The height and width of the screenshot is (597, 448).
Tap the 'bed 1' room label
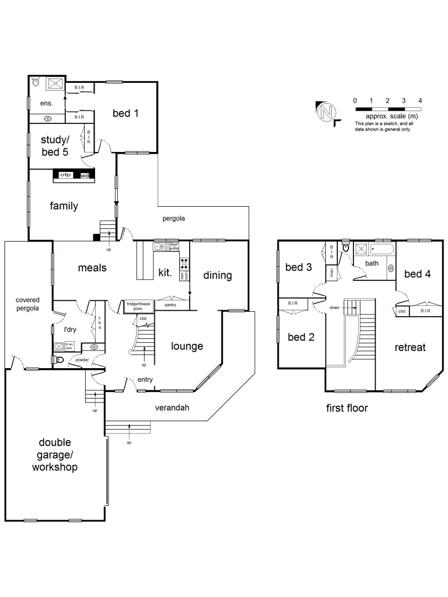126,113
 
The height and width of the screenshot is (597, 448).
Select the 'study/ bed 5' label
55,146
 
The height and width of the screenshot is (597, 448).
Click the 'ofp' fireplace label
66,176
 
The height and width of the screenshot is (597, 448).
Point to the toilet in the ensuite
36,82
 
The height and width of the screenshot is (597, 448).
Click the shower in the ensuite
55,83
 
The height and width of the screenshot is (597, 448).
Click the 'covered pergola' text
27,304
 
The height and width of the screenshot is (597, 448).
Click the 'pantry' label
170,305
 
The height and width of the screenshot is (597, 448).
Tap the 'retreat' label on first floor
410,347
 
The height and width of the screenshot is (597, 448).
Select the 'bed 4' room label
417,274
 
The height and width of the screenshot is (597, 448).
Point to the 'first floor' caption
347,409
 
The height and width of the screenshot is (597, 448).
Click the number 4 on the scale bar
420,101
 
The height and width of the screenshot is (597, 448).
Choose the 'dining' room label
217,275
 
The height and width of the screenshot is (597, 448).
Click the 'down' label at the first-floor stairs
334,307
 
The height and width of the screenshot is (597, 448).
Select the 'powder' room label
83,360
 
